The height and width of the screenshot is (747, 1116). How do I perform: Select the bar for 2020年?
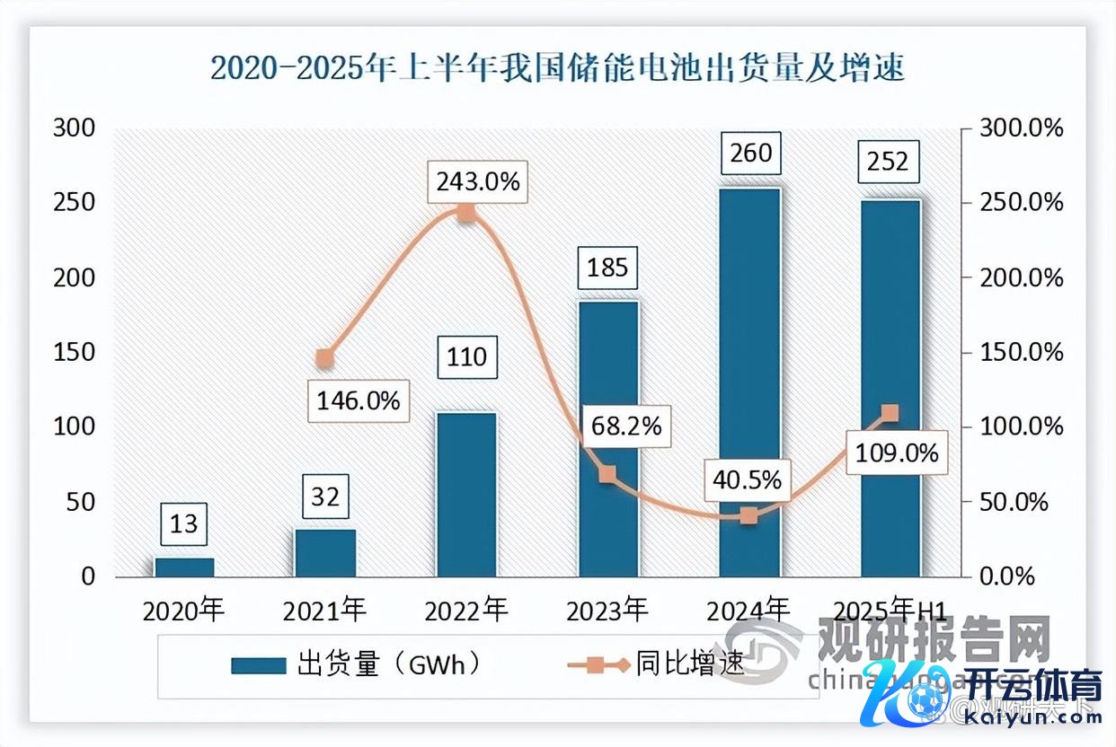tap(184, 567)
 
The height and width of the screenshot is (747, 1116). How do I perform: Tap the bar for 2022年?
tap(466, 494)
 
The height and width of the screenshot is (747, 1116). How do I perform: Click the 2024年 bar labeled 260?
tap(750, 382)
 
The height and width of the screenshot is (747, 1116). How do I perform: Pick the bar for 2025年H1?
tap(890, 388)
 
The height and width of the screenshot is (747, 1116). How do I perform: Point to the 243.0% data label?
tap(478, 181)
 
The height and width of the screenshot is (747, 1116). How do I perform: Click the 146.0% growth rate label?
tap(359, 400)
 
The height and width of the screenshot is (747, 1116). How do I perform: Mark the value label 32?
tap(325, 497)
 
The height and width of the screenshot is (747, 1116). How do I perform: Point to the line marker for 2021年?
tap(325, 359)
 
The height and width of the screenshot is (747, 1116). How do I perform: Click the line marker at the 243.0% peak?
tap(466, 213)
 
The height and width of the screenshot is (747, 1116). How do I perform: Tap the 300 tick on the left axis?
tap(75, 128)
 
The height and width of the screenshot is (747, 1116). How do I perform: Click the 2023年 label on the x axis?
tap(608, 611)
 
